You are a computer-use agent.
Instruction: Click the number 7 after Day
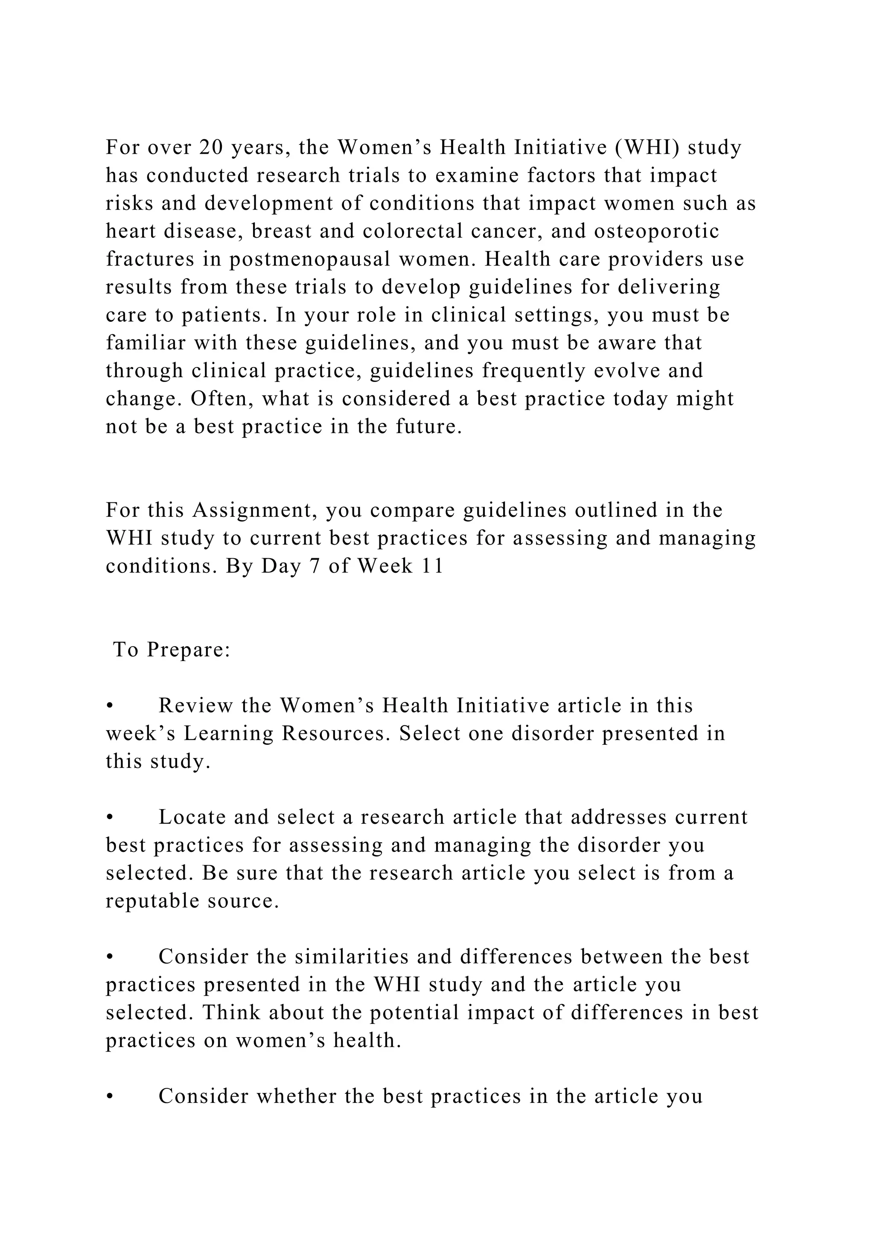(x=315, y=566)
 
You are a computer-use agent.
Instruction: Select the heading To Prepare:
(x=172, y=650)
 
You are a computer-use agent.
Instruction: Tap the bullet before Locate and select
(x=109, y=818)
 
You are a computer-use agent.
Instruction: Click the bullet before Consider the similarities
(x=109, y=957)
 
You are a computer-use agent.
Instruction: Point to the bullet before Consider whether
(x=109, y=1096)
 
